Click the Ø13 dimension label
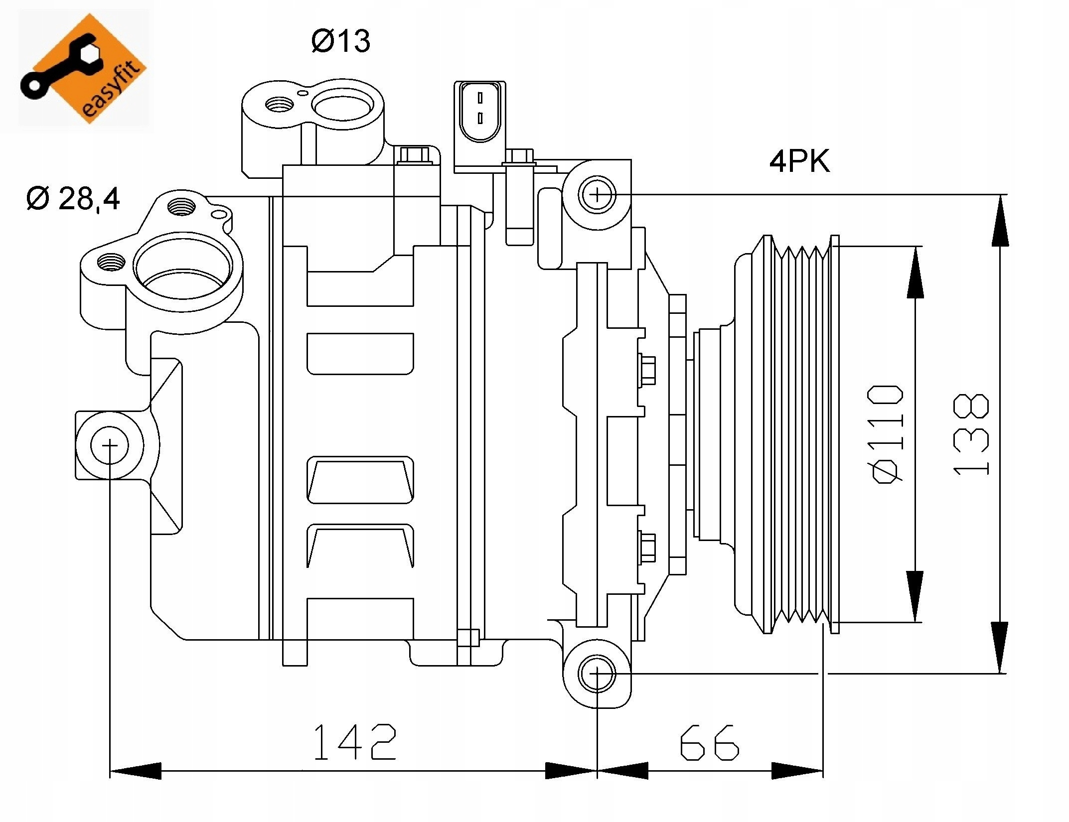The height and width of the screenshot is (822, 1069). (341, 41)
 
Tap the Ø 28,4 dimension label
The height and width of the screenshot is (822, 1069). (73, 199)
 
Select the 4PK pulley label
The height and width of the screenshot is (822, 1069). (799, 161)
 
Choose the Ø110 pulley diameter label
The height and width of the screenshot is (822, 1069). (885, 433)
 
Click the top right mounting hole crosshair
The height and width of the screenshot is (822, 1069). (597, 194)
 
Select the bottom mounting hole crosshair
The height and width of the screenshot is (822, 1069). (597, 674)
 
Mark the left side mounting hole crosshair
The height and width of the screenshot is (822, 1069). (110, 445)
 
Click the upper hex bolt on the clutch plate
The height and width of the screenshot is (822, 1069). (646, 370)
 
